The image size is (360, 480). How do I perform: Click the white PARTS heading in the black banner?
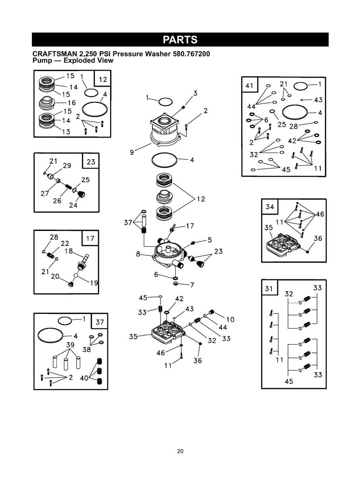click(x=180, y=40)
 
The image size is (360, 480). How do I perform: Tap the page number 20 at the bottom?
click(x=180, y=451)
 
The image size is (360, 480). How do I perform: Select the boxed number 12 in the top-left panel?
click(x=103, y=79)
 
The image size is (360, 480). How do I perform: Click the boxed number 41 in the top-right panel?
click(x=250, y=85)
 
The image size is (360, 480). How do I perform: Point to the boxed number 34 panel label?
click(x=270, y=207)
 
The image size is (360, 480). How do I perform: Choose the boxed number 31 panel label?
click(x=269, y=288)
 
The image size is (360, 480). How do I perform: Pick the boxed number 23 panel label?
click(x=91, y=162)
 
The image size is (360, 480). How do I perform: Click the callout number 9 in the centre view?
click(x=132, y=152)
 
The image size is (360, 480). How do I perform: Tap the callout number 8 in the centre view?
click(x=138, y=254)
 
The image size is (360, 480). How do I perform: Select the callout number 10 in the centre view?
click(x=230, y=319)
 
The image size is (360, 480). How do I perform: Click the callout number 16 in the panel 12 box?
click(x=71, y=103)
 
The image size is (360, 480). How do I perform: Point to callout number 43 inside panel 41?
click(x=318, y=100)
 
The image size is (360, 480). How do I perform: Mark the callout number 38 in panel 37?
click(x=86, y=350)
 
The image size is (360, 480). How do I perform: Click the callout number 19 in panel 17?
click(x=94, y=283)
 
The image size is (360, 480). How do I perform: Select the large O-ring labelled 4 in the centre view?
click(x=165, y=161)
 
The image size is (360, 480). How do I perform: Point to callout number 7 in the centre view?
click(x=192, y=285)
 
